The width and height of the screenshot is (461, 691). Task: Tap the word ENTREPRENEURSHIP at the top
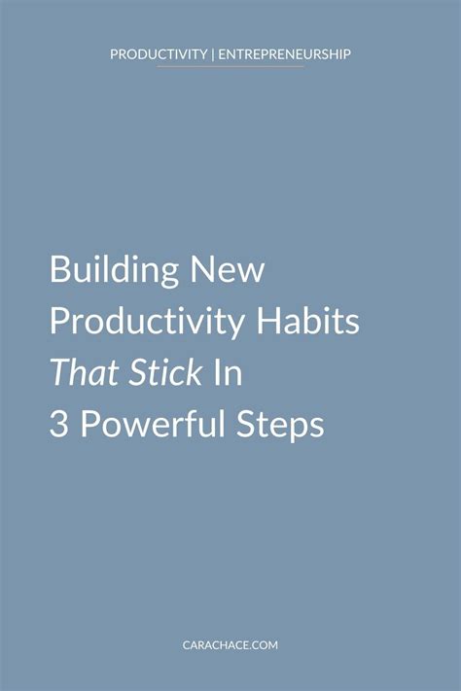[284, 54]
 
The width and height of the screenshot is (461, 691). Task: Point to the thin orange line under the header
[230, 67]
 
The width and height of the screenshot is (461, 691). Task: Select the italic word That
[80, 374]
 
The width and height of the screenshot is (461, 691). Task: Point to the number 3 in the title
[58, 426]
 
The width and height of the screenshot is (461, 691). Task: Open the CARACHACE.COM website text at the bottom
[230, 641]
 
